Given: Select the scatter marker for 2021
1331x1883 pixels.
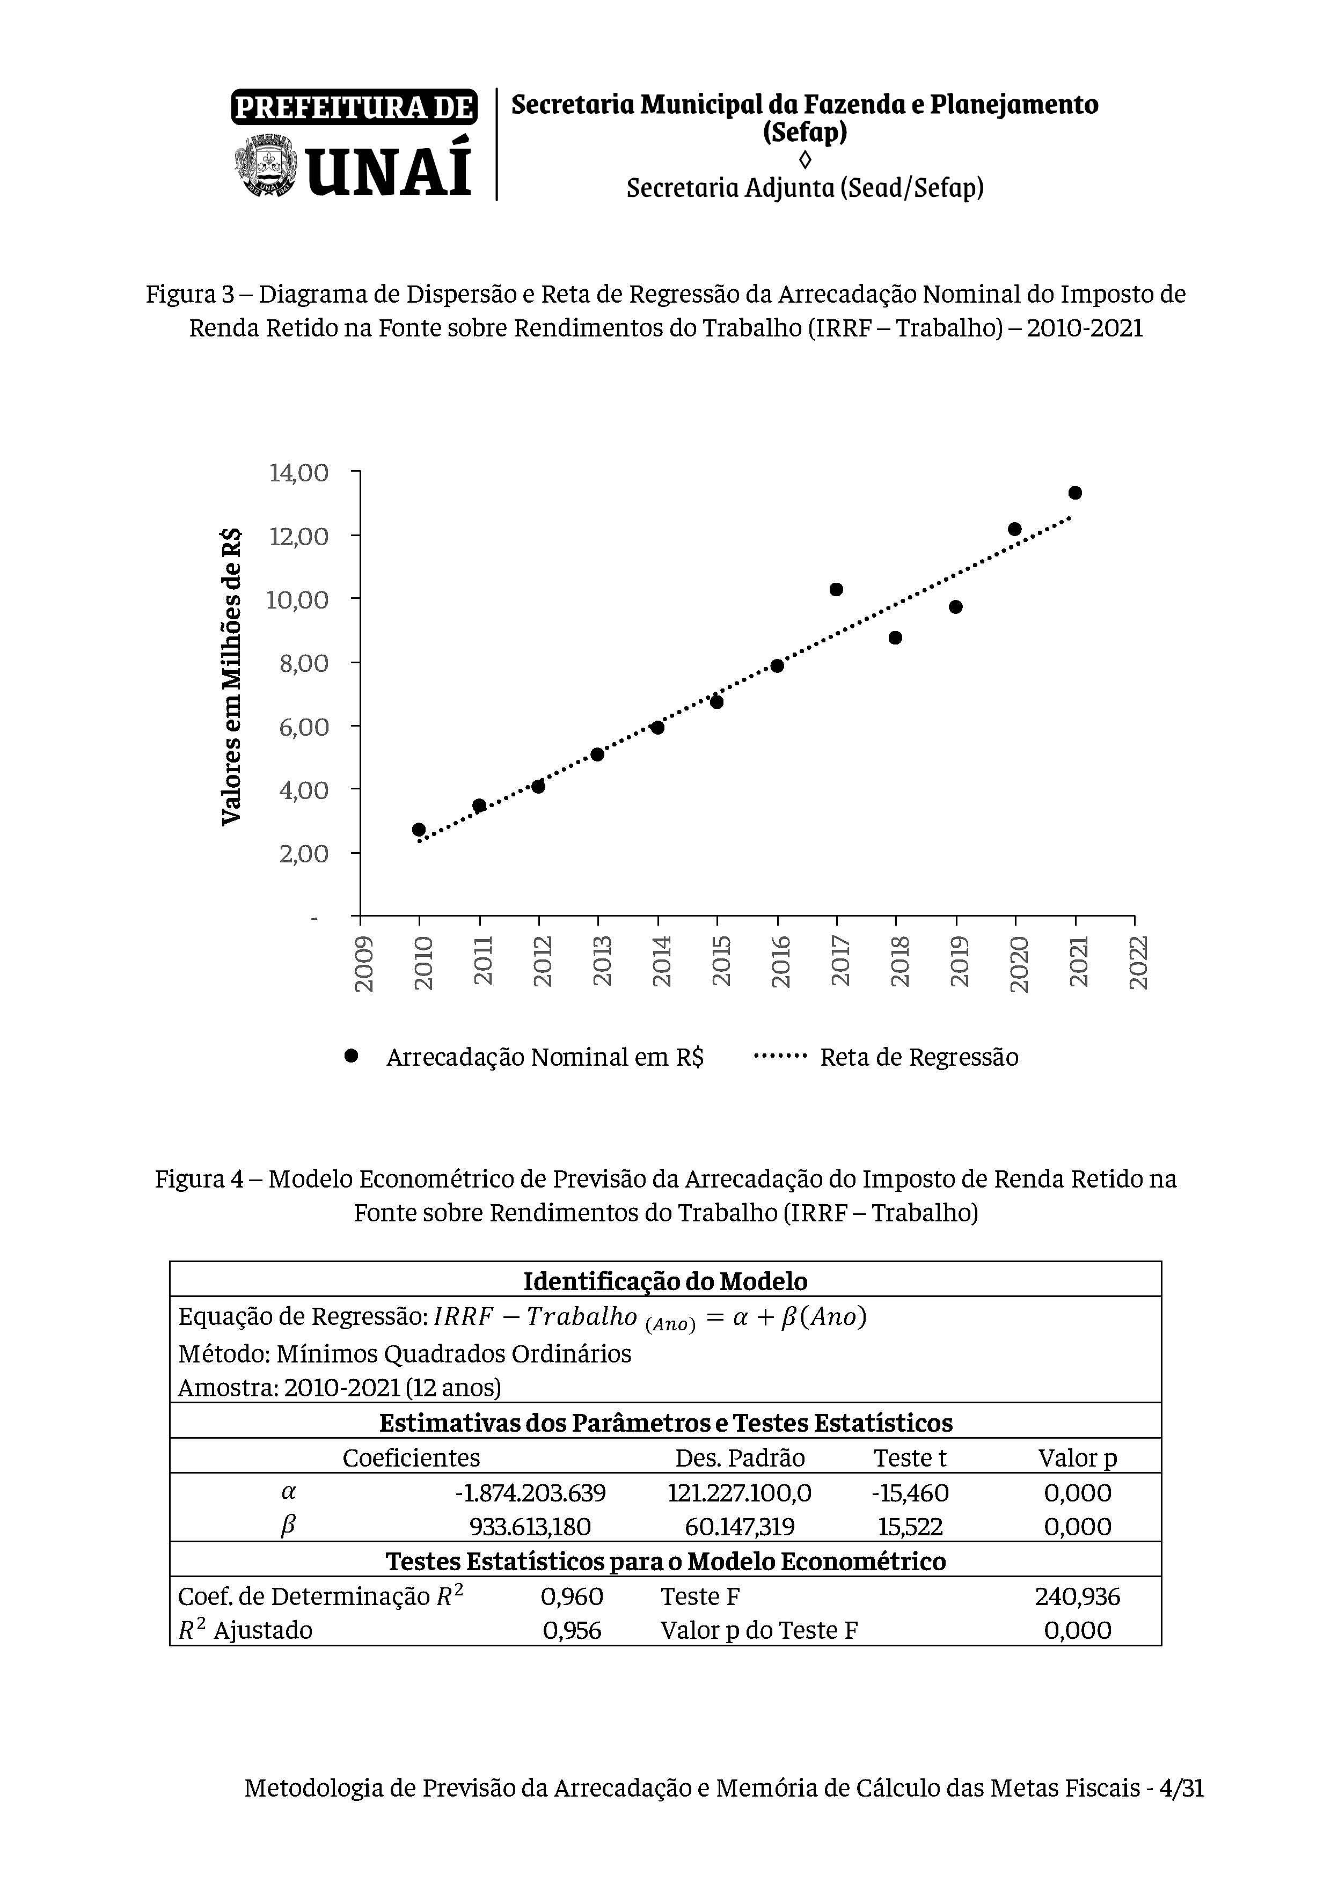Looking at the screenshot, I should coord(1074,493).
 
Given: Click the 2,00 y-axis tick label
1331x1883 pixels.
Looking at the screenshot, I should coord(303,854).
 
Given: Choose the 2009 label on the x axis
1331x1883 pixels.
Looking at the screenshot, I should coord(363,964).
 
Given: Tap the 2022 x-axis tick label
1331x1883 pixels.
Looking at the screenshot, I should coord(1138,964).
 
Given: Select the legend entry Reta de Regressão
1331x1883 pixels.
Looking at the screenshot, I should coord(918,1057).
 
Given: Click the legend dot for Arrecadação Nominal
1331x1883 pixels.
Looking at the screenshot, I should coord(351,1056).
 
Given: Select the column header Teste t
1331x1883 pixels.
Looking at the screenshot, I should coord(910,1457).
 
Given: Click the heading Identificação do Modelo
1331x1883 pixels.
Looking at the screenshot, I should coord(665,1281).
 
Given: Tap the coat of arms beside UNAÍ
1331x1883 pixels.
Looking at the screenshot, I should coord(266,166).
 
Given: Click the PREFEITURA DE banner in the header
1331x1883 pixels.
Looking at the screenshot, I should coord(354,107).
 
